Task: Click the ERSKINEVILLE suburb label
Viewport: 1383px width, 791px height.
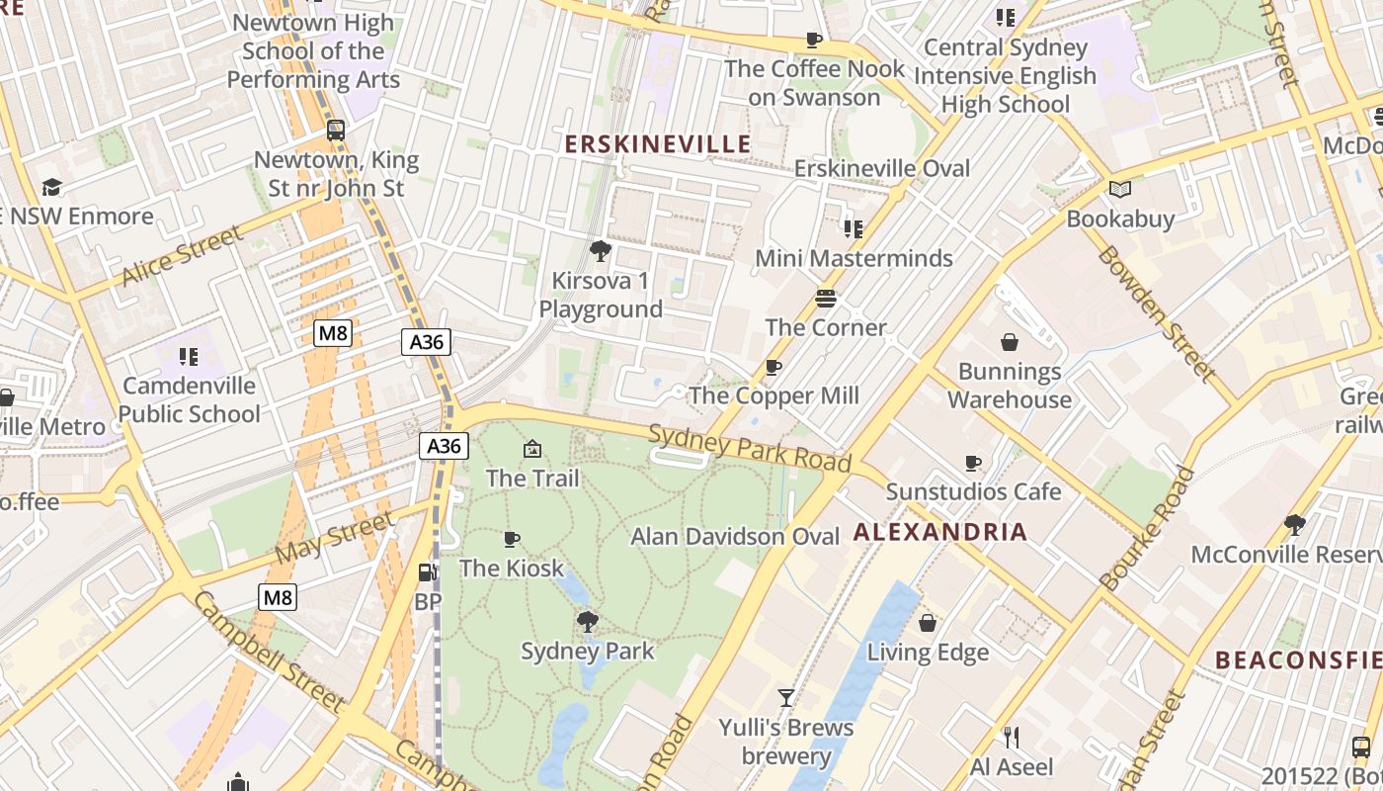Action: tap(657, 144)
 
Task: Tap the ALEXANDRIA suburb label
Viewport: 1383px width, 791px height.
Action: tap(939, 532)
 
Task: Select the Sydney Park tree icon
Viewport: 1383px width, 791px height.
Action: tap(588, 622)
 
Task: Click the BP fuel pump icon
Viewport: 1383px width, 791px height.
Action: tap(428, 571)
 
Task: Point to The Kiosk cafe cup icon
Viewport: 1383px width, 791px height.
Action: tap(511, 539)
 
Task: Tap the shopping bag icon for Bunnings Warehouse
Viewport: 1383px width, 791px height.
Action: tap(1010, 342)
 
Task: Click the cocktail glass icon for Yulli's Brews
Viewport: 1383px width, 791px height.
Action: tap(786, 698)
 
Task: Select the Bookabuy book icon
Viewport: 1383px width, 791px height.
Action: tap(1119, 189)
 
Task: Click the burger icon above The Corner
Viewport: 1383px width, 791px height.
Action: tap(826, 298)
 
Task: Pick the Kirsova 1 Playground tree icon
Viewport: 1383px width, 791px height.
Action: tap(600, 251)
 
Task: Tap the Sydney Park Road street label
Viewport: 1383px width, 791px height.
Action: tap(750, 448)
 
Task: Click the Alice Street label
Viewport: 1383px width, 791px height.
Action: tap(182, 256)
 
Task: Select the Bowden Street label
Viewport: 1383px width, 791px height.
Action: tap(1157, 312)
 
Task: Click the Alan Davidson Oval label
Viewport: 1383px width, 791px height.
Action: tap(735, 537)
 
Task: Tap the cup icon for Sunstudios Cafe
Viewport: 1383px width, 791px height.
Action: tap(973, 463)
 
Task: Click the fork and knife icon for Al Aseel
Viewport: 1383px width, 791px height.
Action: tap(1011, 737)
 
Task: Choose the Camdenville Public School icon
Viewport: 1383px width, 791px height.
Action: tap(189, 356)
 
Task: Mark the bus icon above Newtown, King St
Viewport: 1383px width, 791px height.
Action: tap(336, 130)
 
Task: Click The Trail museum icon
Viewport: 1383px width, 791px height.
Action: tap(532, 449)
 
